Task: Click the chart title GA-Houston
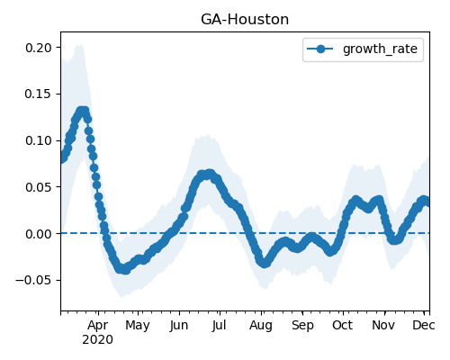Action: [x=245, y=20]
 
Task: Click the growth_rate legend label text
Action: [x=380, y=49]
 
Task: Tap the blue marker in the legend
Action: [x=320, y=49]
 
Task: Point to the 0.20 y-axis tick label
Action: [x=39, y=48]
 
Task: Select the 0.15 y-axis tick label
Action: [x=39, y=94]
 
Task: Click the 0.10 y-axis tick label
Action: [x=39, y=140]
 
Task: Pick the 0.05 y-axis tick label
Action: [x=39, y=187]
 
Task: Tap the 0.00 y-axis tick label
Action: [x=39, y=234]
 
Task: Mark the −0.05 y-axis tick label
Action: [x=33, y=280]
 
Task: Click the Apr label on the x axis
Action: [x=98, y=325]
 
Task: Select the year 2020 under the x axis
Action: [x=98, y=340]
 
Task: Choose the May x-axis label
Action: [x=138, y=325]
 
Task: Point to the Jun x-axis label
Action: [x=179, y=325]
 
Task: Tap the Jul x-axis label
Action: [x=219, y=325]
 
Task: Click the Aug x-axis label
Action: [x=261, y=325]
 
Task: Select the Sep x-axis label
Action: [x=302, y=325]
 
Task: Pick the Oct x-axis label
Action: [x=343, y=325]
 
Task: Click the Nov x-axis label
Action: [x=383, y=325]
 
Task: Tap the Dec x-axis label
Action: [x=424, y=325]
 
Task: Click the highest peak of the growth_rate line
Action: [x=82, y=111]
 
